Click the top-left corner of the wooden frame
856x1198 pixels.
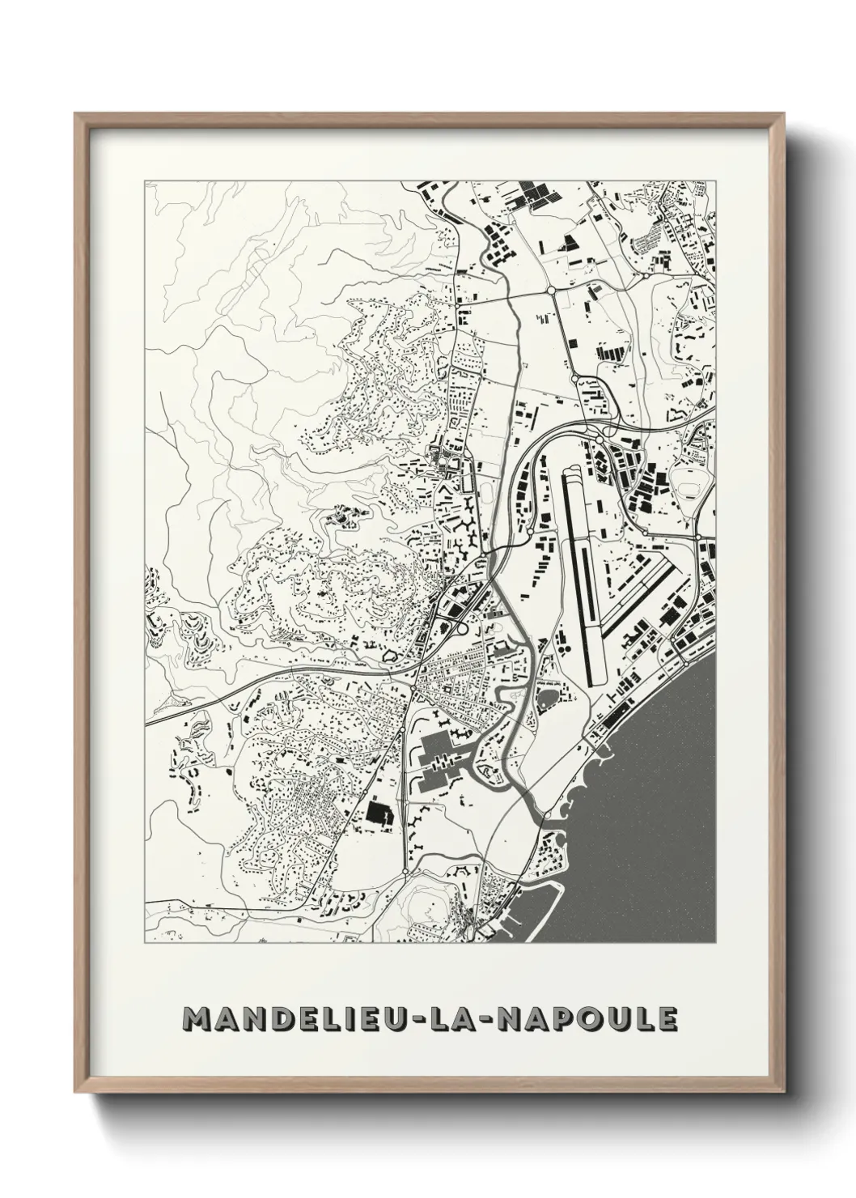(76, 114)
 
